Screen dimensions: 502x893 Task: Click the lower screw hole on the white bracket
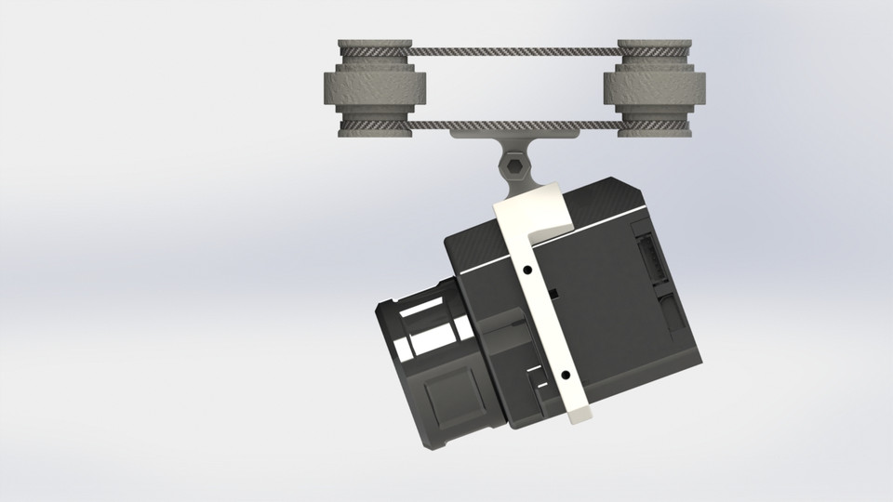point(564,375)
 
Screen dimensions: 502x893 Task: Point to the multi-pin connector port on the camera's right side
point(650,256)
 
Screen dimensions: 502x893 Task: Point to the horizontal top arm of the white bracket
point(535,210)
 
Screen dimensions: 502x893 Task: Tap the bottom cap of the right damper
point(655,128)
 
